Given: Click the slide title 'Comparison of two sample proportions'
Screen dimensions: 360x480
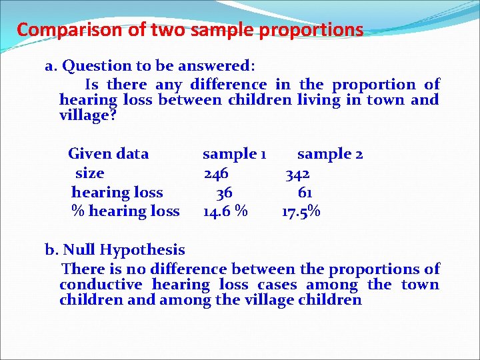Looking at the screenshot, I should (x=190, y=30).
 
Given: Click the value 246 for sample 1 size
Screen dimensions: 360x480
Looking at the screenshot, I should (x=216, y=173).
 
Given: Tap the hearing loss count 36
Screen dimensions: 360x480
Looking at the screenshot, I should (x=224, y=193).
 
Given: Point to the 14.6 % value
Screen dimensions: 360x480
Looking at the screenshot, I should (x=225, y=212).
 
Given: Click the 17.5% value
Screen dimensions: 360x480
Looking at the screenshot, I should (x=301, y=212).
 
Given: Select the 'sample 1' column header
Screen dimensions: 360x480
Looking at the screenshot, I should (x=235, y=154).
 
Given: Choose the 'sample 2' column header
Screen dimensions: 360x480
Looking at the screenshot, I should (x=330, y=154).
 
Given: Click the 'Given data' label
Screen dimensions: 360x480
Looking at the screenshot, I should (x=108, y=154).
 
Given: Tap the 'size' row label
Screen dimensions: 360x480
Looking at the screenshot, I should (x=89, y=173).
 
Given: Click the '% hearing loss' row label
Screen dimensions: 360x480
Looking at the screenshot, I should (x=125, y=212).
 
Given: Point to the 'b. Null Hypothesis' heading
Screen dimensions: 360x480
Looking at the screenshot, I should (x=115, y=250).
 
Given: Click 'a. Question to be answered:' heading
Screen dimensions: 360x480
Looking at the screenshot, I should (x=149, y=66).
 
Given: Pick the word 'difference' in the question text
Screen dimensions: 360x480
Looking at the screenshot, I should (x=228, y=85).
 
